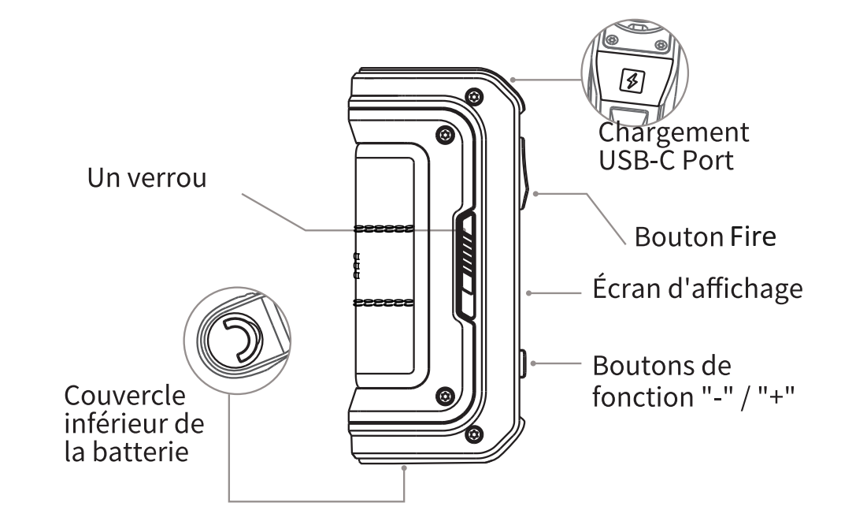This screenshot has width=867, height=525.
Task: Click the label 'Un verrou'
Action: [146, 178]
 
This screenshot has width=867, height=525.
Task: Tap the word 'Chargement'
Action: [673, 132]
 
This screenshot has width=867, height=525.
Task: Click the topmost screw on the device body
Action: [472, 95]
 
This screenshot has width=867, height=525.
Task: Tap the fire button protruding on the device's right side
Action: [524, 166]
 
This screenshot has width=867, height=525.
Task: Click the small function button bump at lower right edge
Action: [524, 363]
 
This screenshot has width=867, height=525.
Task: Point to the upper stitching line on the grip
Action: [384, 229]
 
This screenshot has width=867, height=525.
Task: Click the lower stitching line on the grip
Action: [384, 302]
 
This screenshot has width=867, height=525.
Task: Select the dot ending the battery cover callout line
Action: [405, 468]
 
